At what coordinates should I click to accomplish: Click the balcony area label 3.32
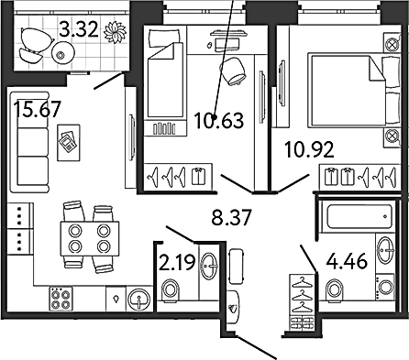pyautogui.click(x=79, y=30)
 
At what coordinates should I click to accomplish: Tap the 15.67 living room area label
pyautogui.click(x=38, y=109)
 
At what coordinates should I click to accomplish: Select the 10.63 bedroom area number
pyautogui.click(x=219, y=120)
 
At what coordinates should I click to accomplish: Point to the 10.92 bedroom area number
pyautogui.click(x=309, y=149)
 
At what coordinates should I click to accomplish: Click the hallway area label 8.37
pyautogui.click(x=232, y=217)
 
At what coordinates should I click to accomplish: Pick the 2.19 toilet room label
pyautogui.click(x=177, y=263)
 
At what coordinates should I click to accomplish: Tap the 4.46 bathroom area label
pyautogui.click(x=347, y=261)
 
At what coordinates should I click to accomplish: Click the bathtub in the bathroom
pyautogui.click(x=359, y=216)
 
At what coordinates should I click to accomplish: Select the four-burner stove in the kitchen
pyautogui.click(x=61, y=299)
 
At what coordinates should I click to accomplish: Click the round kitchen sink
pyautogui.click(x=139, y=299)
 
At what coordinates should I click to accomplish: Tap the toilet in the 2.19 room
pyautogui.click(x=170, y=290)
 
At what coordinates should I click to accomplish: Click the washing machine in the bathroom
pyautogui.click(x=384, y=286)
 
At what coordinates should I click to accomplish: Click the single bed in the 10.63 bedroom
pyautogui.click(x=165, y=81)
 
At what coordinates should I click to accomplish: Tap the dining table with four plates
pyautogui.click(x=90, y=239)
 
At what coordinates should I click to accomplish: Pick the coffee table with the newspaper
pyautogui.click(x=69, y=142)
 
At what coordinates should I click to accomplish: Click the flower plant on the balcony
pyautogui.click(x=115, y=32)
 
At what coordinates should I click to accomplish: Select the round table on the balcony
pyautogui.click(x=63, y=54)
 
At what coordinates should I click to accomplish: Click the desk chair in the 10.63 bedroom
pyautogui.click(x=234, y=71)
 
